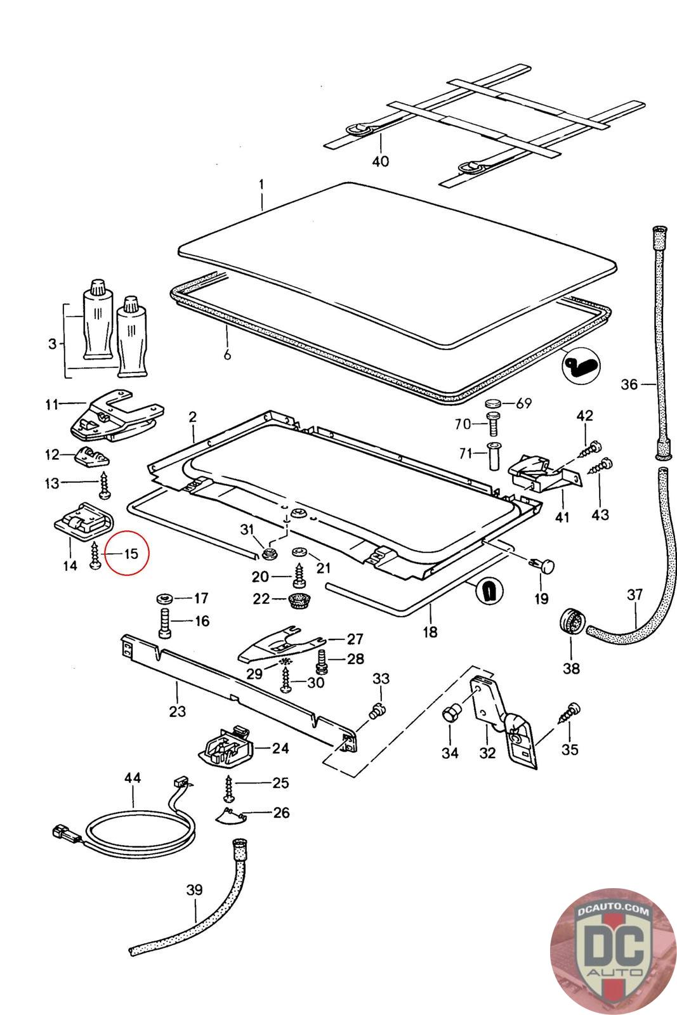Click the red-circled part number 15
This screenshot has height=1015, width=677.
(x=131, y=554)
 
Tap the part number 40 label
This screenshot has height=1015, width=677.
(x=380, y=161)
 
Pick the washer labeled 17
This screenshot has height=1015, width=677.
(x=166, y=598)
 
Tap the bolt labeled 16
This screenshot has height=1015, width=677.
(x=166, y=622)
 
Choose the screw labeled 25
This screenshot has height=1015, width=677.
(x=228, y=787)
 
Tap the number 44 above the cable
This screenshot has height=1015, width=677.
(x=133, y=778)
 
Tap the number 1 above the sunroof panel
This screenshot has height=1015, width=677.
(x=261, y=186)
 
